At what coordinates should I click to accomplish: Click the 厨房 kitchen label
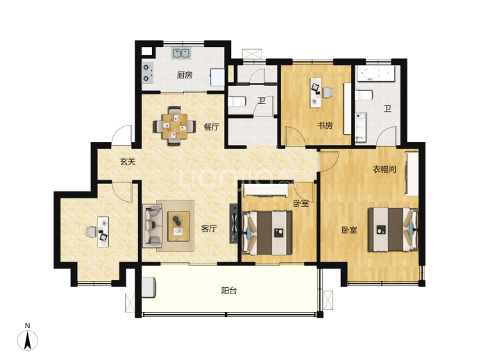pos(185,75)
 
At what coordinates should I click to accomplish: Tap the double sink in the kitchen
pos(181,53)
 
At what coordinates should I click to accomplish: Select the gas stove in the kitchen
pos(148,73)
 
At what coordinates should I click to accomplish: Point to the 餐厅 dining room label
pos(212,127)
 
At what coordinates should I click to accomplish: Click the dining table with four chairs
pos(174,126)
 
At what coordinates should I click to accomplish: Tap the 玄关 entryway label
pos(128,161)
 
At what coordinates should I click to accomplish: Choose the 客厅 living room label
pos(209,228)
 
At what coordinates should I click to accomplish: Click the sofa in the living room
pos(152,226)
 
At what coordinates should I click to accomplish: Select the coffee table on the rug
pos(178,226)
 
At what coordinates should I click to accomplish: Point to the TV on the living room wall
pos(234,223)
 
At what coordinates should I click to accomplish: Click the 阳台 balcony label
pos(229,291)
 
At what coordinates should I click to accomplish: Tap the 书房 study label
pos(325,125)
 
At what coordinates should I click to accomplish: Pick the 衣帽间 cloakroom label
pos(385,169)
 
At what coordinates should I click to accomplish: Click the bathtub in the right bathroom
pos(375,74)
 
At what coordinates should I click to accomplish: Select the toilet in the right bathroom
pos(364,95)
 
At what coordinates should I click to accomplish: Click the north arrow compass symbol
pos(28,340)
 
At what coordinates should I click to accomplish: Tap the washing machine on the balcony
pos(149,286)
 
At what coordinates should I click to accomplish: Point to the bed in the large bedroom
pos(393,230)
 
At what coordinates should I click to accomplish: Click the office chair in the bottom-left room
pos(90,232)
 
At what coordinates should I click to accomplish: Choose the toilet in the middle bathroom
pos(237,101)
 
